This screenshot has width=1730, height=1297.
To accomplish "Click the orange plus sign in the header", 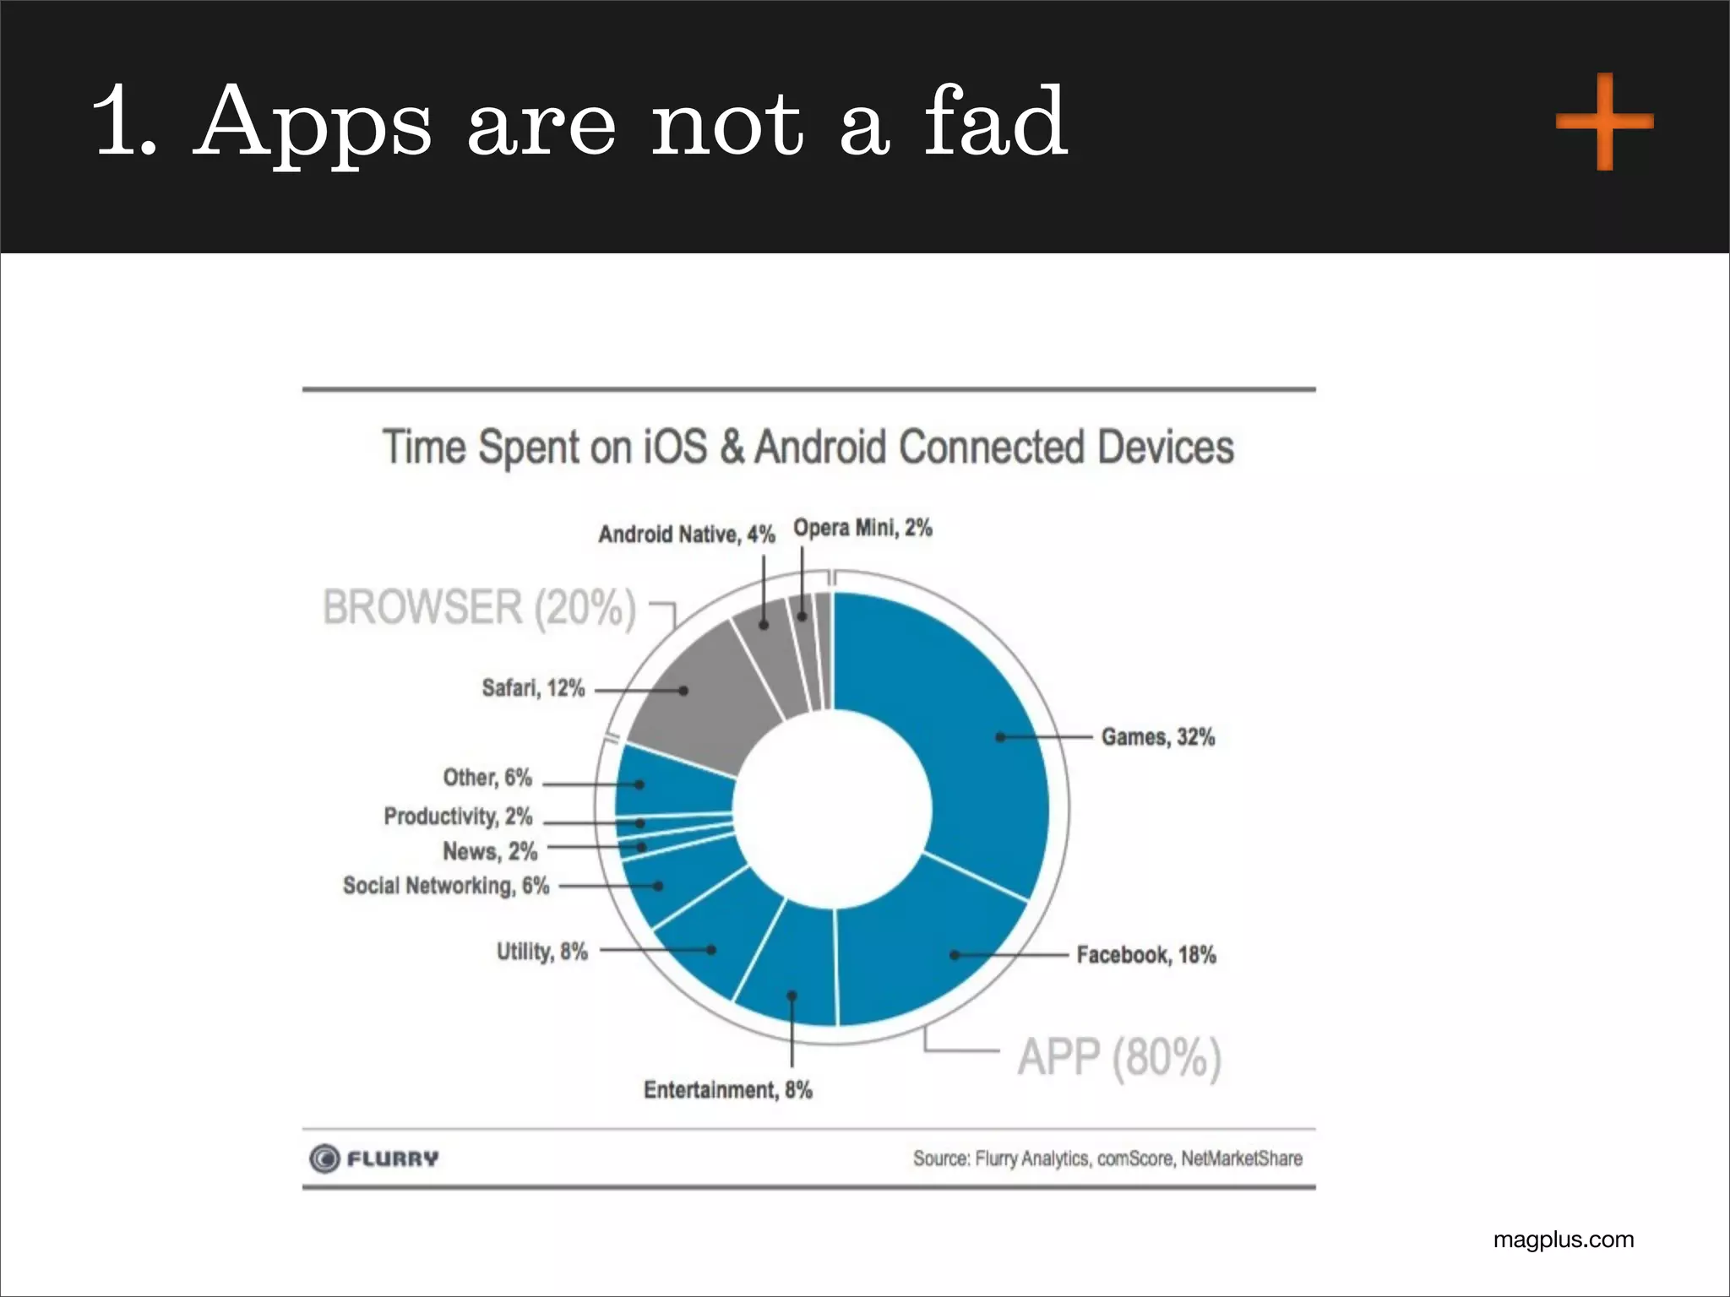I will pos(1604,122).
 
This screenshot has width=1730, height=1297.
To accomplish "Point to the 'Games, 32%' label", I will pos(1157,737).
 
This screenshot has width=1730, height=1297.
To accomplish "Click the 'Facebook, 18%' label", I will pos(1145,955).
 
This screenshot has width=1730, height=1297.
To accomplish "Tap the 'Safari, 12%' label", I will pos(533,688).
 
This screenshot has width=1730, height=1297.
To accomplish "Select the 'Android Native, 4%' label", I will pos(686,535).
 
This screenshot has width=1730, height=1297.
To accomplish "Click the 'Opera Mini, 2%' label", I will pos(862,529).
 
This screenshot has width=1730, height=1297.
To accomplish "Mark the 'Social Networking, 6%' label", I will pos(445,886).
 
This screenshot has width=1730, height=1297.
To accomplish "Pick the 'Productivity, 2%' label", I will pos(458,817).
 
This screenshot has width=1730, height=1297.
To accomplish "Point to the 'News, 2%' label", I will pos(490,851).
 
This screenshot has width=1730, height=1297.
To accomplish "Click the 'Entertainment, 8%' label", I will pos(727,1090).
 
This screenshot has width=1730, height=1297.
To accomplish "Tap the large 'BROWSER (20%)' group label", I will pos(479,607).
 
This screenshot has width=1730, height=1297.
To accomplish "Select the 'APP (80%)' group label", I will pos(1119,1057).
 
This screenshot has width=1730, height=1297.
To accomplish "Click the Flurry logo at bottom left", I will pos(374,1159).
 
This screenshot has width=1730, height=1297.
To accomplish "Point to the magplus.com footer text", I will pos(1563,1240).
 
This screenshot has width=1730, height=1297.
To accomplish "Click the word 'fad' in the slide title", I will pos(995,122).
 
